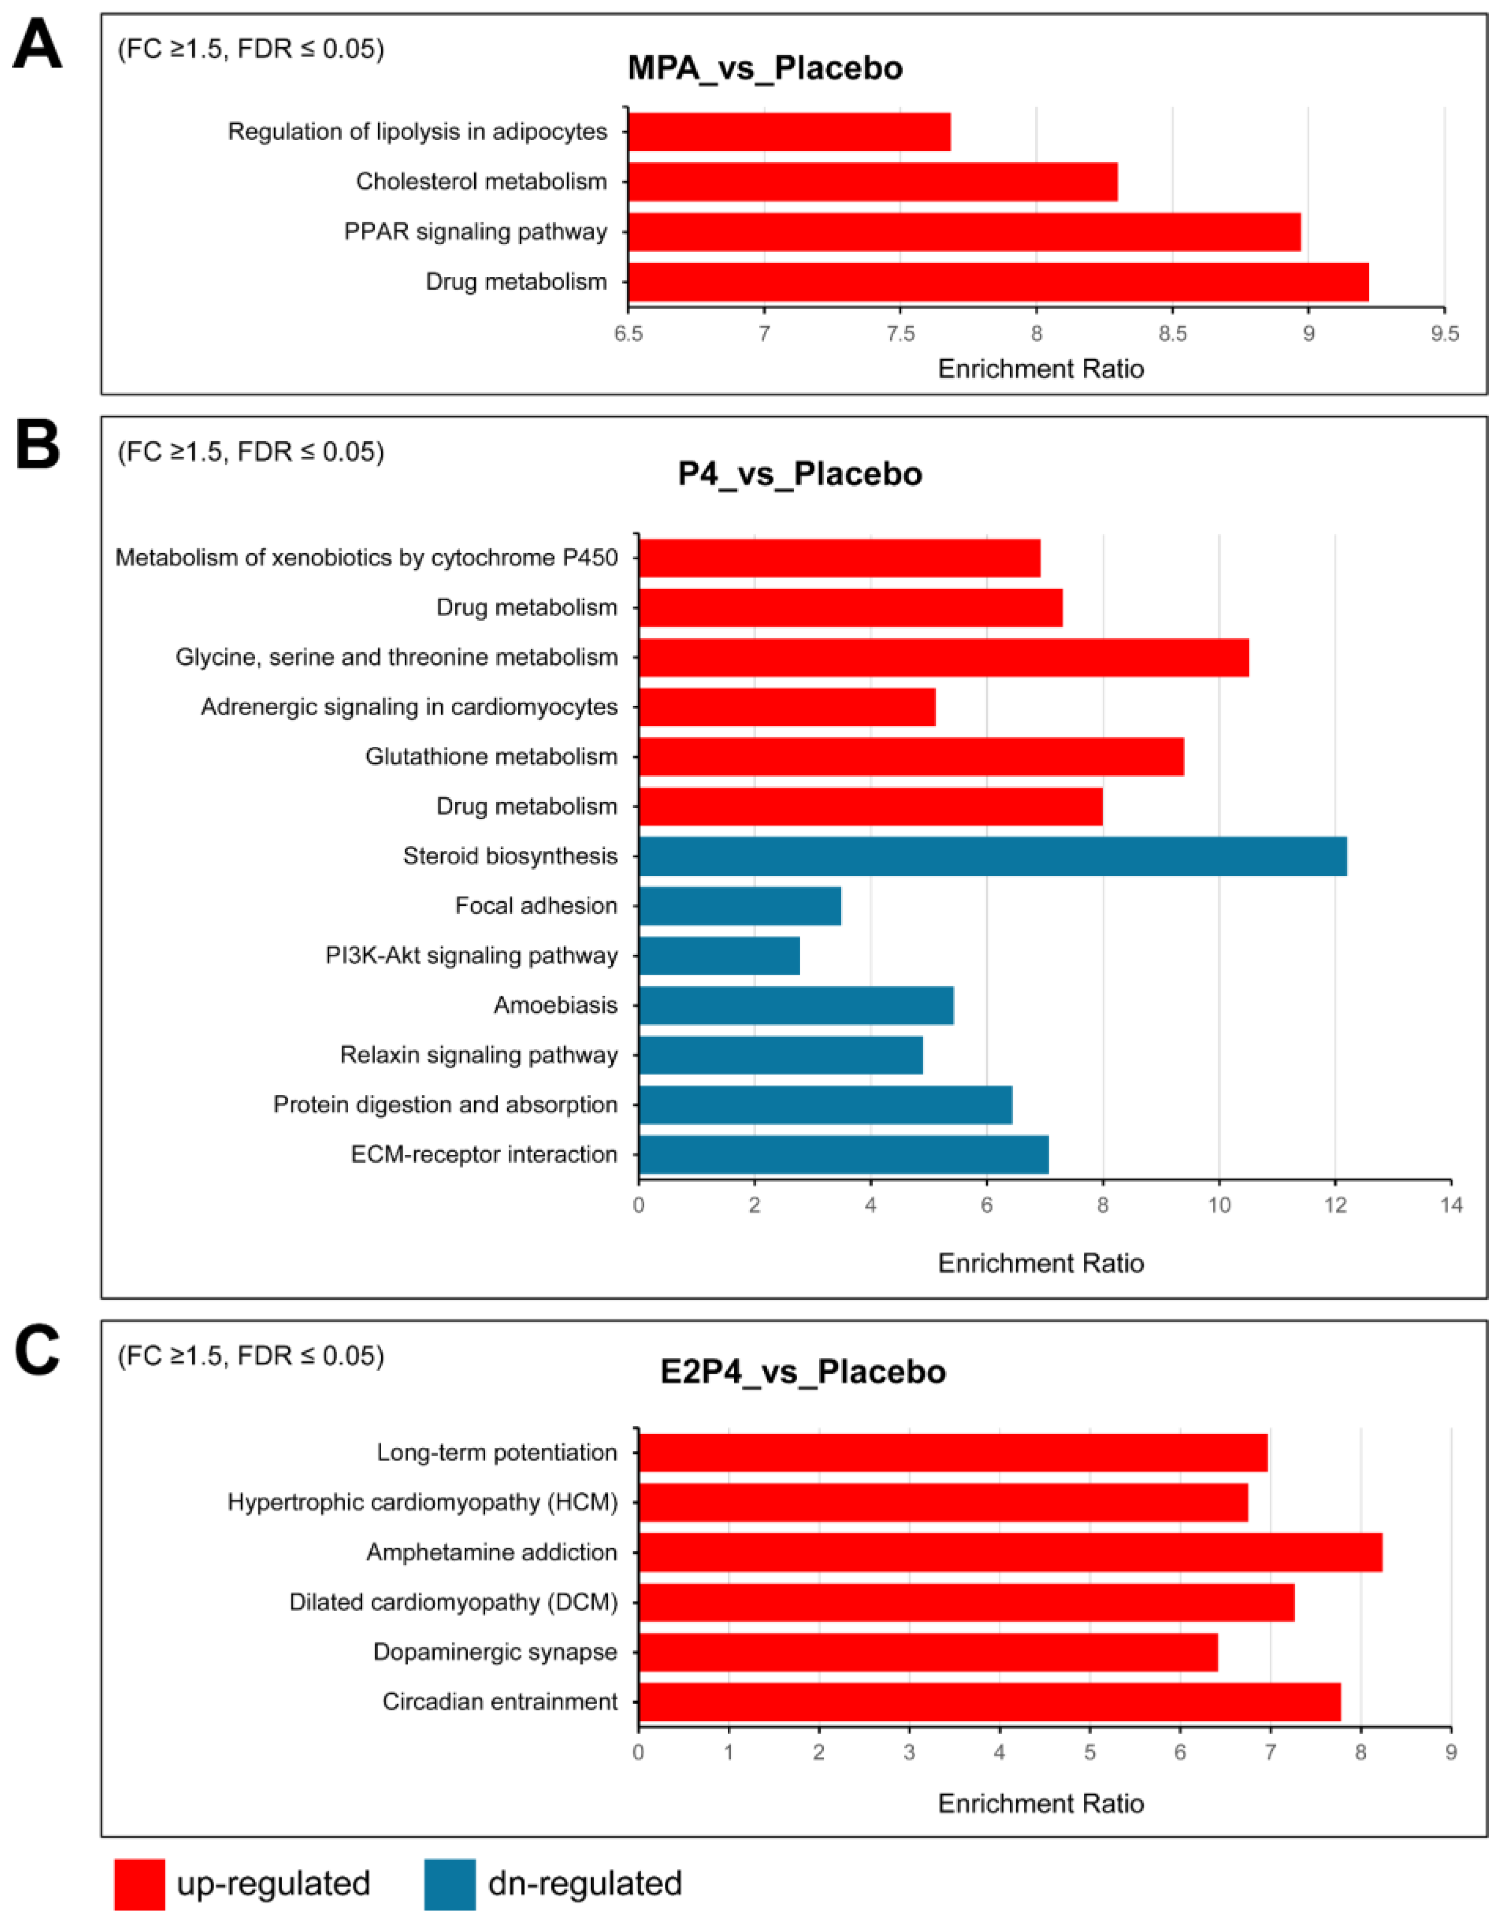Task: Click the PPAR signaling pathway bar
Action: tap(964, 232)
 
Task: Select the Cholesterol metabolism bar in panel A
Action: tap(873, 182)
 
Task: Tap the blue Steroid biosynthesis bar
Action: tap(992, 856)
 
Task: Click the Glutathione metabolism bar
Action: tap(911, 757)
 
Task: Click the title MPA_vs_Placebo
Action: tap(765, 69)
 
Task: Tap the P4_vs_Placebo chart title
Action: tap(800, 475)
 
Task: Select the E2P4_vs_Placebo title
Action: tap(802, 1372)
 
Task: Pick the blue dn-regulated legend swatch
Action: tap(449, 1884)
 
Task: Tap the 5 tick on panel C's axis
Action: tap(1090, 1753)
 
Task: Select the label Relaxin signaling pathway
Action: tap(478, 1055)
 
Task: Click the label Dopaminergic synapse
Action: tap(495, 1652)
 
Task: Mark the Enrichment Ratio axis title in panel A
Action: tap(1041, 369)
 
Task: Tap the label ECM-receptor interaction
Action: tap(484, 1154)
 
